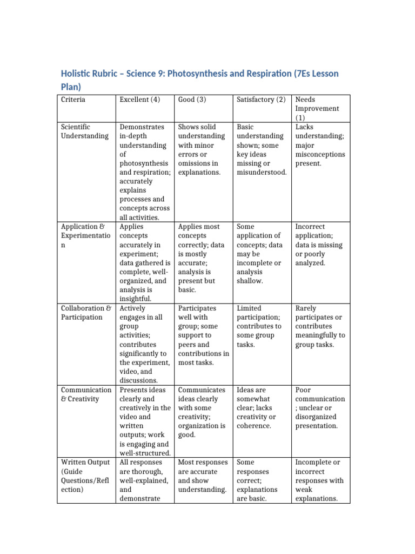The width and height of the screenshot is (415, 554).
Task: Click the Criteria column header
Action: pos(73,100)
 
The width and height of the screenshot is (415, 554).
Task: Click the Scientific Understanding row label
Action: pos(84,131)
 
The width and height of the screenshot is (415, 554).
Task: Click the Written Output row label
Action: pos(85,476)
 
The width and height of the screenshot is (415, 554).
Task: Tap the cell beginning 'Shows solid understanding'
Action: pos(202,150)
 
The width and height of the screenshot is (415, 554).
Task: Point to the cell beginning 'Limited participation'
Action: pos(259,326)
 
